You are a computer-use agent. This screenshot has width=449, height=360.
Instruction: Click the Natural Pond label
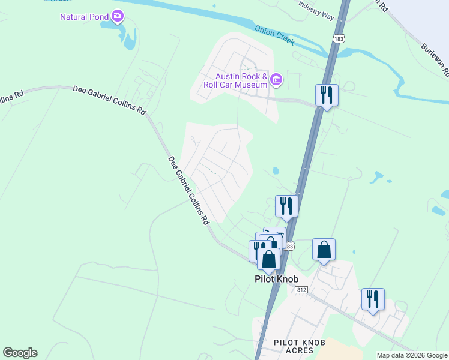[x=85, y=16]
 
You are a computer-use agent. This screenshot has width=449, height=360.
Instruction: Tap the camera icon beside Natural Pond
[x=118, y=16]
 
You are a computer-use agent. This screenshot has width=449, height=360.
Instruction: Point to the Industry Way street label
[x=316, y=10]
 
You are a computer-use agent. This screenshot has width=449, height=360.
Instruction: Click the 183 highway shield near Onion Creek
[x=339, y=38]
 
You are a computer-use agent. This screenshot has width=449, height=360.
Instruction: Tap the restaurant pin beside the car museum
[x=327, y=95]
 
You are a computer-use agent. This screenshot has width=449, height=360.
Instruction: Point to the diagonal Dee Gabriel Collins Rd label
[x=188, y=190]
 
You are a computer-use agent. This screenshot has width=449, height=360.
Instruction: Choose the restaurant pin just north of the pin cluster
[x=287, y=206]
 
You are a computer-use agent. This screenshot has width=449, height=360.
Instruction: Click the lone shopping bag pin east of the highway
[x=324, y=250]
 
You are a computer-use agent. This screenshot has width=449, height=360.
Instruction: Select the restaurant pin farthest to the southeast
[x=373, y=299]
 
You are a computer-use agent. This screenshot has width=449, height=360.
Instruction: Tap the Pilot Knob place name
[x=276, y=279]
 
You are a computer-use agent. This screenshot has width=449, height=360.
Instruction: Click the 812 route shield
[x=301, y=289]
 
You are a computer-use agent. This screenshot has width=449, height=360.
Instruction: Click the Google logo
[x=20, y=352]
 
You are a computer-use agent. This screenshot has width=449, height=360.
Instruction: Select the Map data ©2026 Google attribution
[x=412, y=355]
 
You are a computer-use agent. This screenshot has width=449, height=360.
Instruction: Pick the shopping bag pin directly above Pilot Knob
[x=269, y=259]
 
